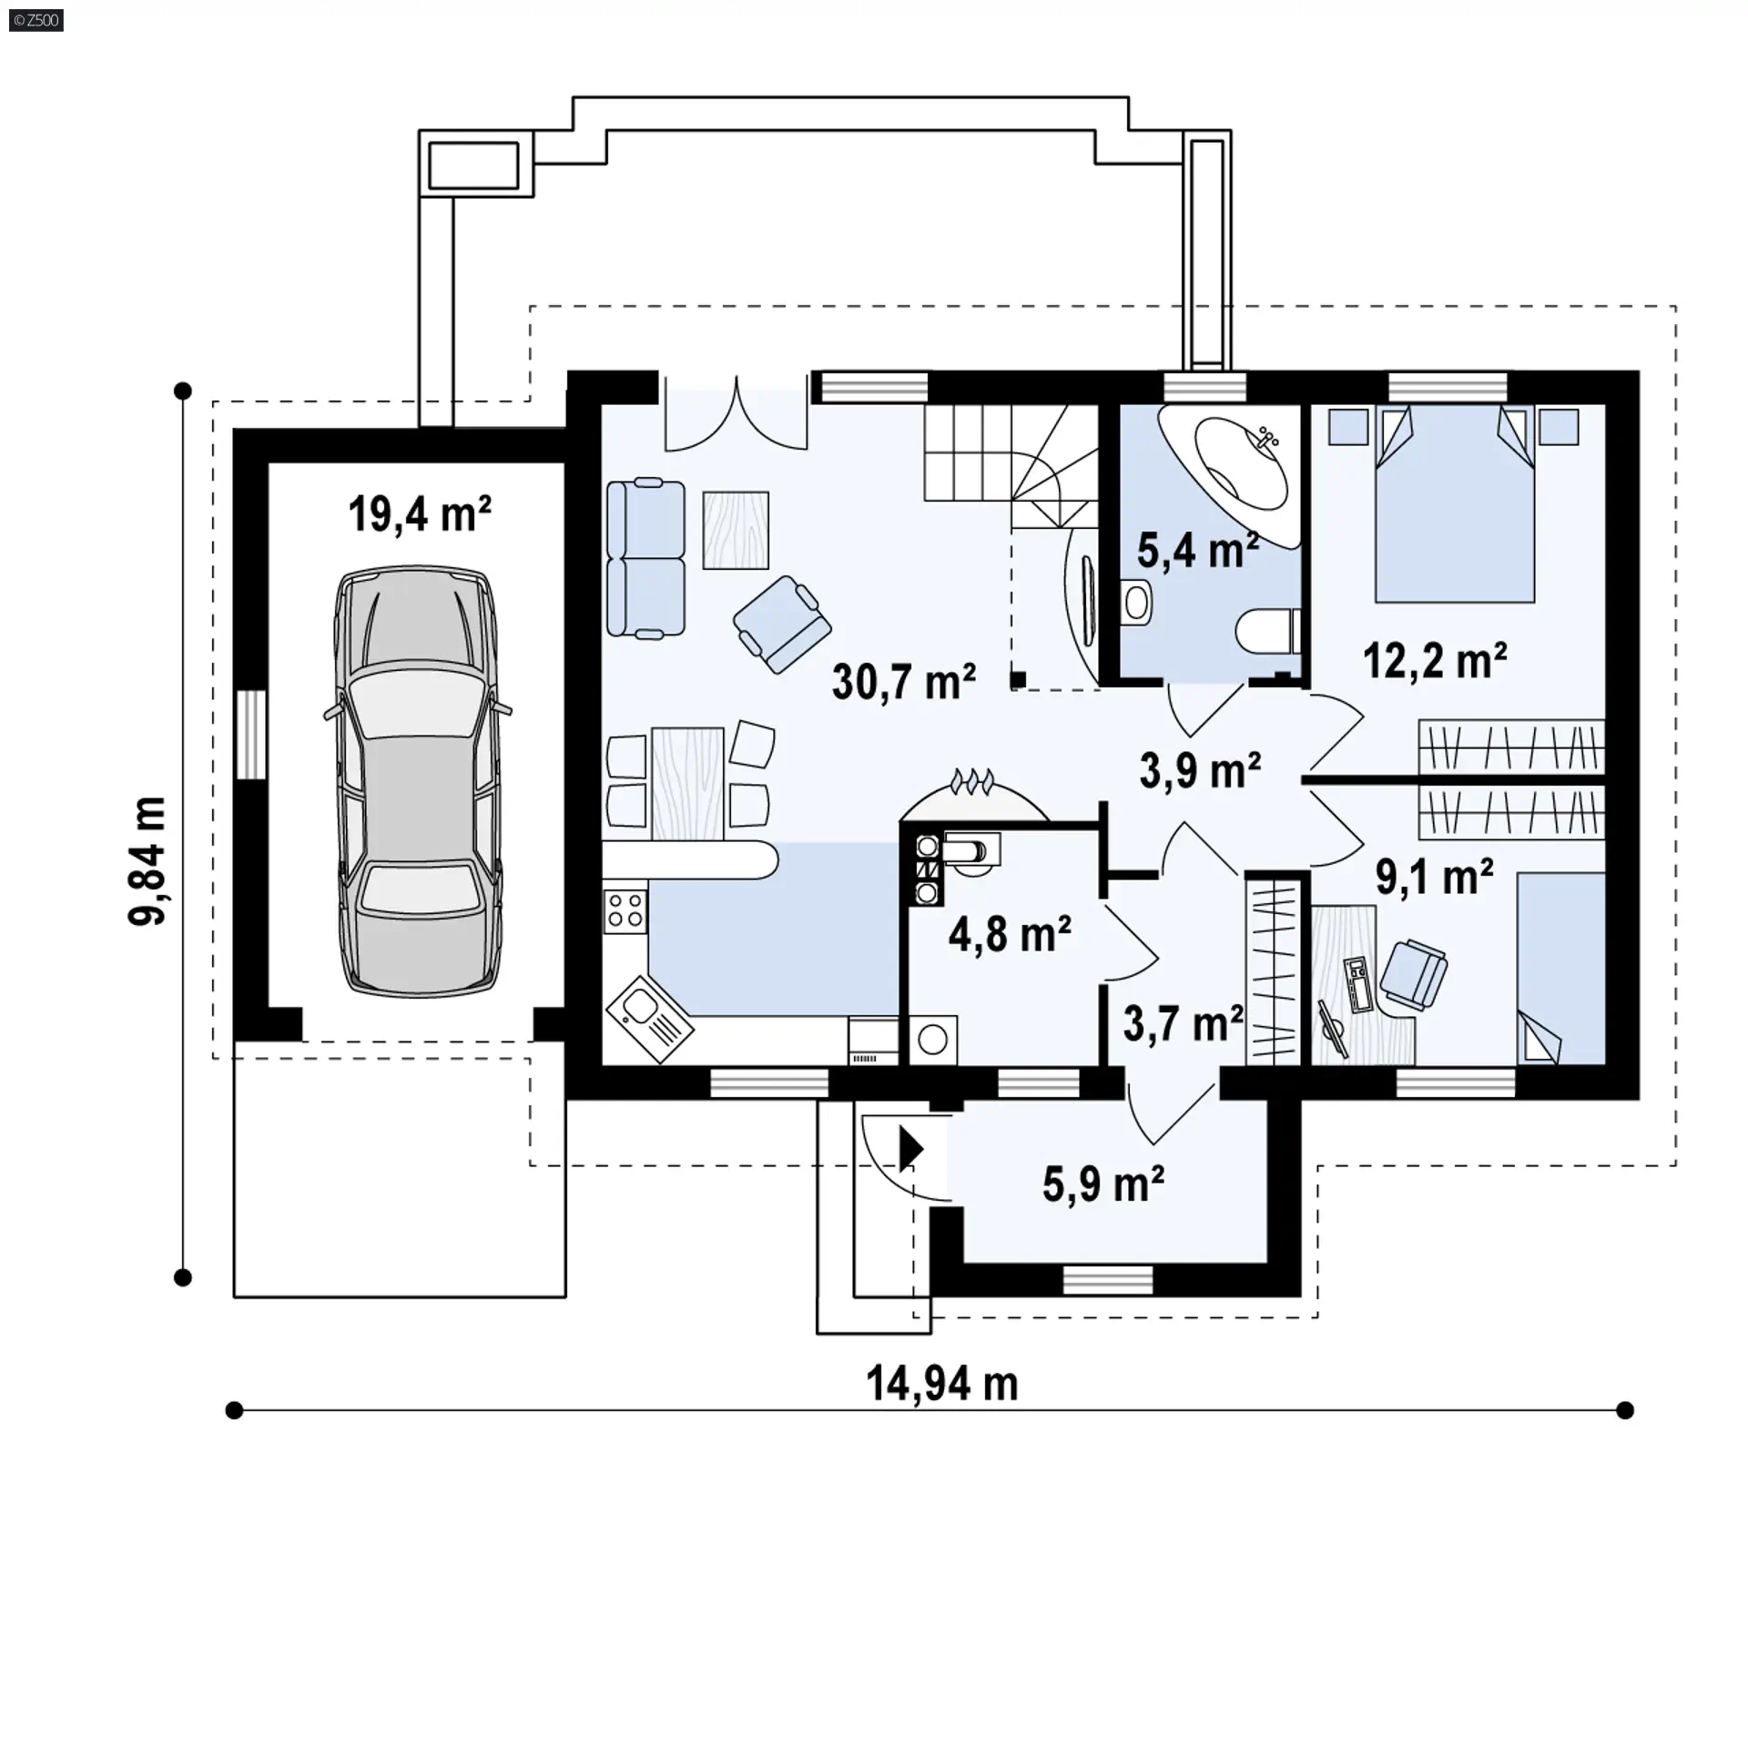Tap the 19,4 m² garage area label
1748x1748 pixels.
coord(420,514)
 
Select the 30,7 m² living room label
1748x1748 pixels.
coord(904,681)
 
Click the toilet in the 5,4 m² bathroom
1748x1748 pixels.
coord(1268,631)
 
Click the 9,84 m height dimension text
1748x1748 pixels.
coord(147,861)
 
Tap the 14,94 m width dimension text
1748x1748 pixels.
coord(942,1385)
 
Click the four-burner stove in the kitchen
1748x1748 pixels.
coord(625,910)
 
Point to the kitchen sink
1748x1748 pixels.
coord(649,1016)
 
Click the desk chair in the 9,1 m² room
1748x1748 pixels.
coord(1413,975)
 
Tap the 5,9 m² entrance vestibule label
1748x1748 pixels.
coord(1103,1184)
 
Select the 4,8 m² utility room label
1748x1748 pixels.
coord(1010,934)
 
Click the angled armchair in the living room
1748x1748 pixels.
coord(782,625)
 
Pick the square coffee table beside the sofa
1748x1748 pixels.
coord(736,530)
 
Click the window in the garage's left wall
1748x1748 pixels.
coord(251,735)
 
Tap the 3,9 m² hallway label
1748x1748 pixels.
coord(1200,771)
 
